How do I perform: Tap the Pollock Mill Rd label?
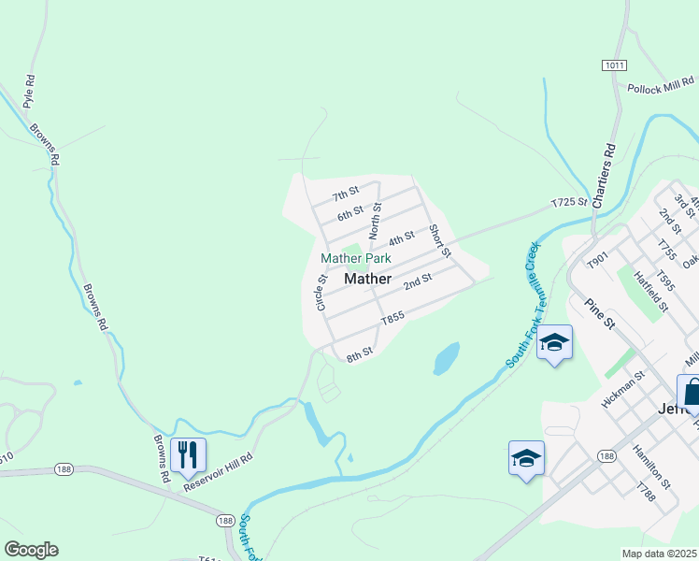coord(662,88)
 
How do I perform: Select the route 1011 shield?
coord(614,64)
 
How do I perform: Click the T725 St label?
coord(568,202)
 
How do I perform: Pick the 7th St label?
coord(346,194)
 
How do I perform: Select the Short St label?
coord(440,240)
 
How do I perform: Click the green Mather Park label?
coord(355,258)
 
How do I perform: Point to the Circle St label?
coord(321,293)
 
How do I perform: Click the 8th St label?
coord(360,354)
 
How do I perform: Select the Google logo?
coord(31,550)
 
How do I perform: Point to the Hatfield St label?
coord(650,292)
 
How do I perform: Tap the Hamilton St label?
coord(651,466)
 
